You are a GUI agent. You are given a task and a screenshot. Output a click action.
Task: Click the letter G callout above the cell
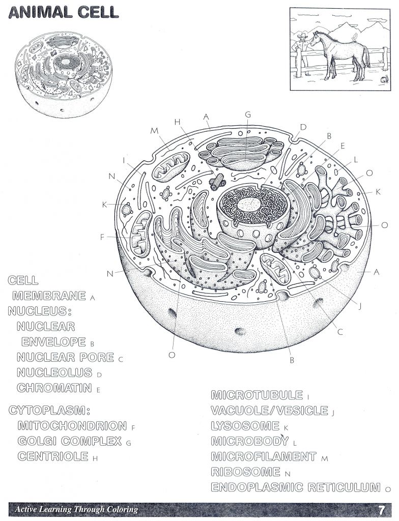(x=248, y=114)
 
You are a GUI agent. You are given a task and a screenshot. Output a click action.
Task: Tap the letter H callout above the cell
(x=177, y=122)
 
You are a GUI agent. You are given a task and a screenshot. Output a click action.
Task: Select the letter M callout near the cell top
(x=155, y=131)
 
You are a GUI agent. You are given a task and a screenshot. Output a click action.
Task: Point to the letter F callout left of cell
(x=103, y=237)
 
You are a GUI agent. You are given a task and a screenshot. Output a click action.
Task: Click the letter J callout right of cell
(x=360, y=306)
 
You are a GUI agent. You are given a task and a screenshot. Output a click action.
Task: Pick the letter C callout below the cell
(x=340, y=332)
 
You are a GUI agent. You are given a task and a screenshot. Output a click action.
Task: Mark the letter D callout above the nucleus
(x=303, y=127)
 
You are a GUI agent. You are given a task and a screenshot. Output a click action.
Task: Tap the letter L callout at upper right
(x=355, y=159)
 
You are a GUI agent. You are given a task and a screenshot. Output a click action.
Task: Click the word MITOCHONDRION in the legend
(x=72, y=426)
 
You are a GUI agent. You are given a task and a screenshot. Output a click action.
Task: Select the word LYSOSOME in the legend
(x=245, y=426)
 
